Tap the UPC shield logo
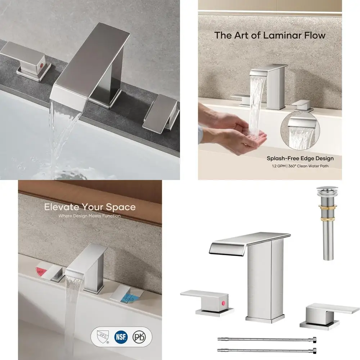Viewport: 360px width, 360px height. point(102,337)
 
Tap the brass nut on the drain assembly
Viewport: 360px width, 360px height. point(324,208)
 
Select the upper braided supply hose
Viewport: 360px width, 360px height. point(267,339)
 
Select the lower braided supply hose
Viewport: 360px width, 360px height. point(267,350)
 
